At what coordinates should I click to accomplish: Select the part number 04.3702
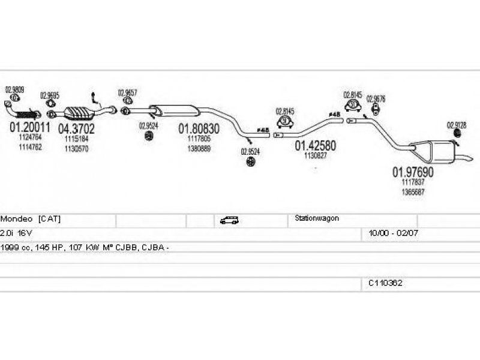tap(76, 128)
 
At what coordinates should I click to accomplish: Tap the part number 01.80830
tap(199, 128)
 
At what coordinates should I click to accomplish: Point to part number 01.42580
tap(315, 146)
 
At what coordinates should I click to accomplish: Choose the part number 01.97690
tap(413, 172)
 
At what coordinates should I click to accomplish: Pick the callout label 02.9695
tap(49, 95)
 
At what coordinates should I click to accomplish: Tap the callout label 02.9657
tap(127, 92)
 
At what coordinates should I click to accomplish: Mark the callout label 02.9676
tap(376, 99)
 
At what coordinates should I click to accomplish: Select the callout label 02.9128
tap(456, 125)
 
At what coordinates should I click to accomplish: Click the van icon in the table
tap(228, 220)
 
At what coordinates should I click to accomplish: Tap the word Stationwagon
tap(317, 219)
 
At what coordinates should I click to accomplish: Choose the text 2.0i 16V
tap(13, 233)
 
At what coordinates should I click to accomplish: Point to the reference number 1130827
tap(315, 156)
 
